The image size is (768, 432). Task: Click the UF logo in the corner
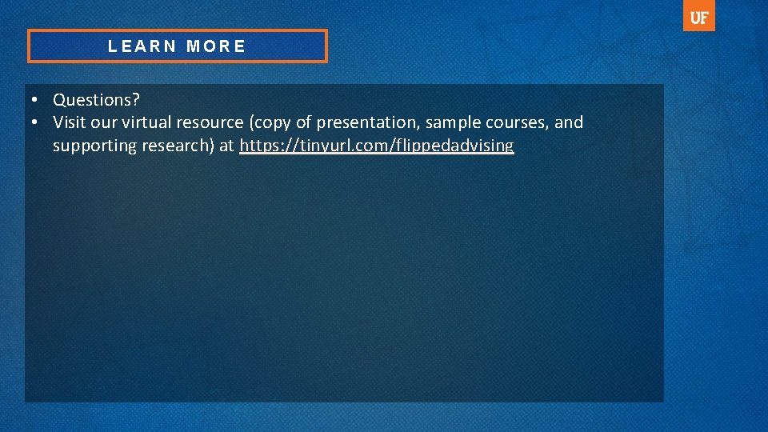(x=698, y=16)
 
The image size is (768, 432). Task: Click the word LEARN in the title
(x=142, y=46)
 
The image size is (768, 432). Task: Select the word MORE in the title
(x=216, y=46)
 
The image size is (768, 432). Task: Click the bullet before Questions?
(x=36, y=100)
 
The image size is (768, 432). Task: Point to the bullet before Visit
(x=36, y=122)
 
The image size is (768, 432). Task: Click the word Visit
(x=68, y=122)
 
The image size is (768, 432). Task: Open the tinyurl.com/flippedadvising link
(x=376, y=146)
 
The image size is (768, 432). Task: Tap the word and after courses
(x=569, y=122)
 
